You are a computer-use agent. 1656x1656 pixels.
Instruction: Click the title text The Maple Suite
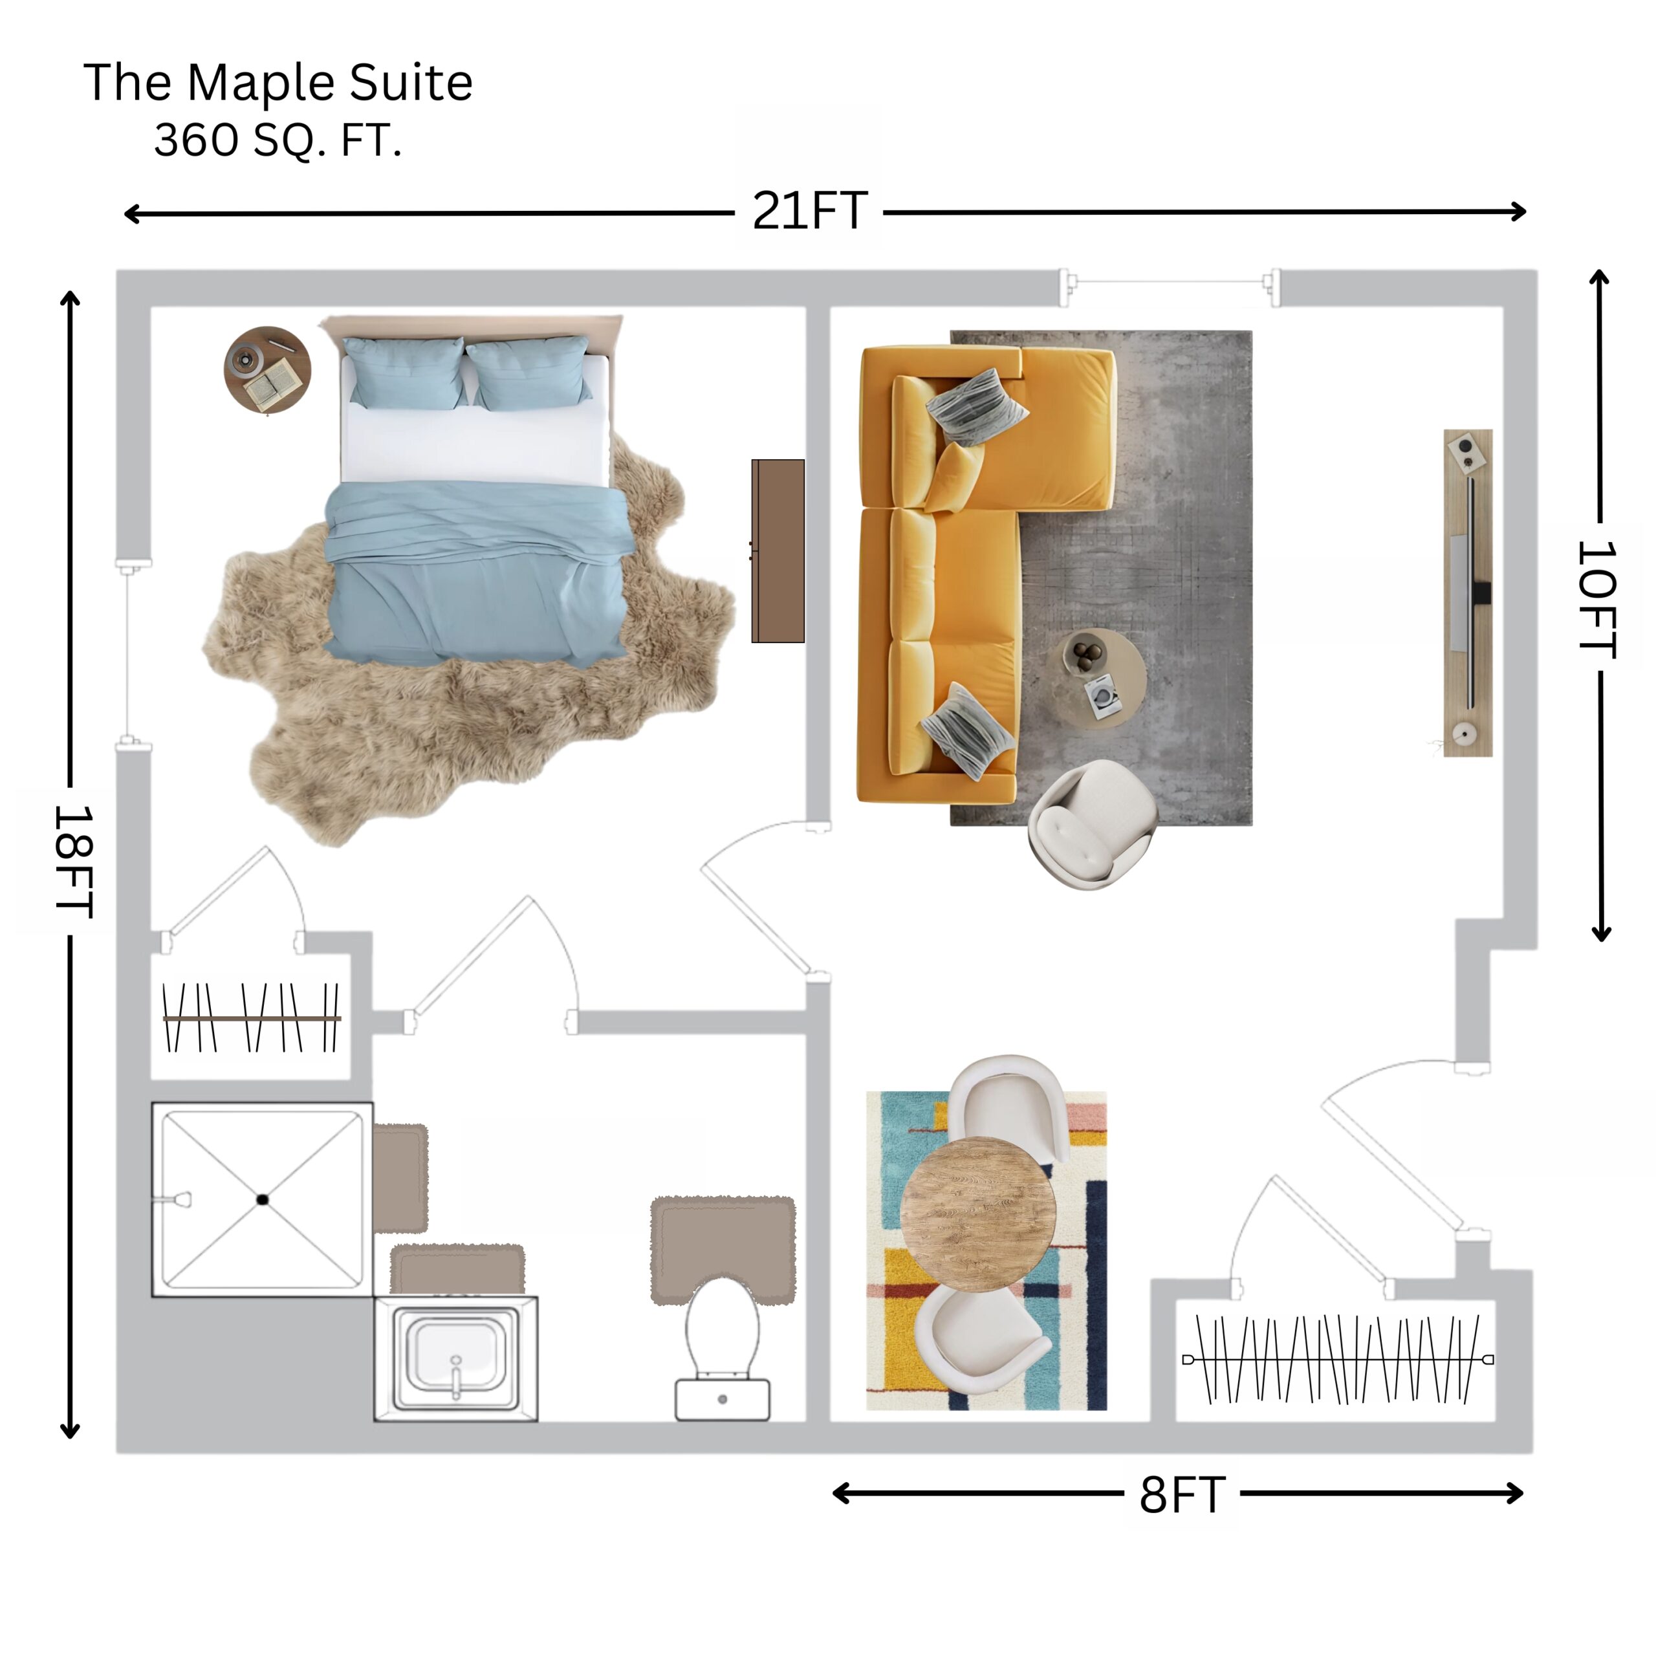coord(278,83)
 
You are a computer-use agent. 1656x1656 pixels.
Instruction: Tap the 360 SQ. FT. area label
coord(278,140)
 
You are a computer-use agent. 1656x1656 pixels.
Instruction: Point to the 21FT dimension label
coord(809,211)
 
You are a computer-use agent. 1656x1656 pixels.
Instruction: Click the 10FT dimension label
coord(1597,600)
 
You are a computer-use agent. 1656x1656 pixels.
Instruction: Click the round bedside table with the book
coord(267,369)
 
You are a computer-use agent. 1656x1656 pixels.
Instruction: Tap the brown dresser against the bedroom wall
coord(778,551)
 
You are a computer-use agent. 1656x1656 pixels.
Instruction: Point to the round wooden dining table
coord(978,1215)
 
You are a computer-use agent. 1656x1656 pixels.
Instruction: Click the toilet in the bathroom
coord(723,1348)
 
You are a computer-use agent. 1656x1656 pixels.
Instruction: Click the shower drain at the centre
coord(262,1200)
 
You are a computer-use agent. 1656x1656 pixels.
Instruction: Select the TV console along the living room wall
coord(1468,593)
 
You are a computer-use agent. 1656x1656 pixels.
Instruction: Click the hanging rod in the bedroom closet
coord(252,1018)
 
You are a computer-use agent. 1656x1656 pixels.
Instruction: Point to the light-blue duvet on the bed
coord(478,572)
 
